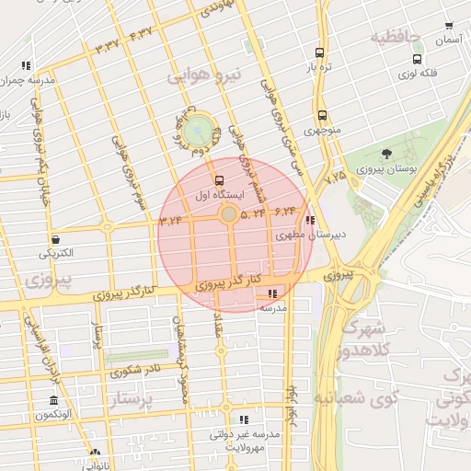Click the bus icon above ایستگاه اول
point(218,180)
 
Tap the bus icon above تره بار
point(319,52)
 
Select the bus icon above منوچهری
point(322,116)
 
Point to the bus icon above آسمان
point(448,27)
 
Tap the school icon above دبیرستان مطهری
point(310,221)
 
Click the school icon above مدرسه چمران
point(25,65)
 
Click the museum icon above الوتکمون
point(54,401)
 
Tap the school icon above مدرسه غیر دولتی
point(244,419)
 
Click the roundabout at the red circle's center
point(227,214)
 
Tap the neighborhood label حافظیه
point(395,38)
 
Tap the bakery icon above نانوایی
point(95,453)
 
